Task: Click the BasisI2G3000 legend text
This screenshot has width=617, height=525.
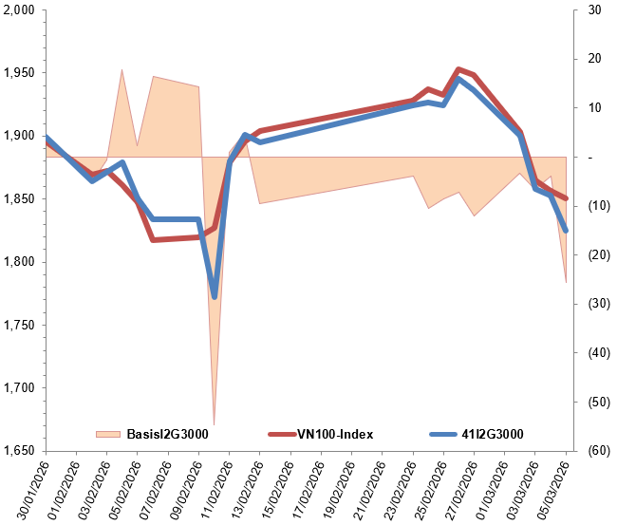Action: (x=167, y=434)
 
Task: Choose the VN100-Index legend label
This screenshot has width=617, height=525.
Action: (x=333, y=434)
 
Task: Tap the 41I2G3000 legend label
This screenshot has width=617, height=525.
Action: (x=493, y=434)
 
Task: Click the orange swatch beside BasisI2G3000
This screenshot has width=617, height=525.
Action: (x=108, y=434)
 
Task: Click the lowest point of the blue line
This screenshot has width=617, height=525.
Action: (x=215, y=296)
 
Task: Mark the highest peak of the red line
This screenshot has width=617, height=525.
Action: (x=458, y=69)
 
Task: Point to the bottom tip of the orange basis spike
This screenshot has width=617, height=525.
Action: (x=214, y=424)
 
